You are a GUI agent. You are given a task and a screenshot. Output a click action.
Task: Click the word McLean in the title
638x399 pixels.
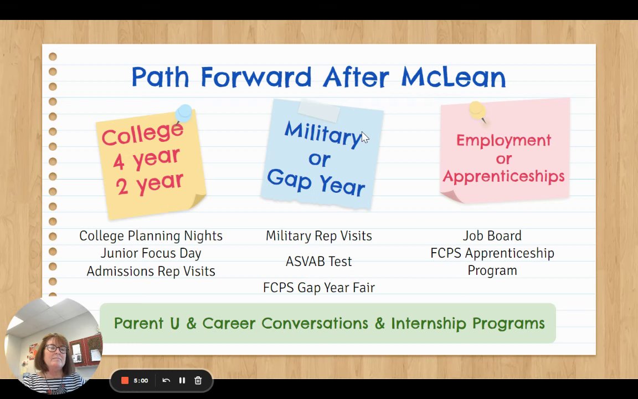[453, 77]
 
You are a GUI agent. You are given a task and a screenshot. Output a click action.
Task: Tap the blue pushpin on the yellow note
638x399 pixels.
[184, 113]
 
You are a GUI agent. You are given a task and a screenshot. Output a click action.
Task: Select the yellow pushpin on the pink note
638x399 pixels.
[478, 111]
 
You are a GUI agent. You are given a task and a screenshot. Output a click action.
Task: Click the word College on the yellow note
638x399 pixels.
[142, 134]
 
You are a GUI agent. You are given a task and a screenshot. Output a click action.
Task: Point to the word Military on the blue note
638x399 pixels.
[323, 134]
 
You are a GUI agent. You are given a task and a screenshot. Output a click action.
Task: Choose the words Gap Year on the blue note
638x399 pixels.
[316, 183]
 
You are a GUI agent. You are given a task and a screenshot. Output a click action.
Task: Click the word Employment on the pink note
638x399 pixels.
[504, 140]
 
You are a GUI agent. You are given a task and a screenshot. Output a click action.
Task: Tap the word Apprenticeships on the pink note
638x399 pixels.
[504, 176]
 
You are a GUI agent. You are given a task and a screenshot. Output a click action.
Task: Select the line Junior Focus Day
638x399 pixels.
[151, 253]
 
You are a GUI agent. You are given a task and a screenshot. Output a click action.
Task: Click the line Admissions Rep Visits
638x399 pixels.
[151, 271]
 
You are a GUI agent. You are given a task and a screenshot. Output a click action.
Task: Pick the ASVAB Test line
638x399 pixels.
[318, 262]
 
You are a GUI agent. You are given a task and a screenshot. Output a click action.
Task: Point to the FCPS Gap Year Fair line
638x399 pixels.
[319, 288]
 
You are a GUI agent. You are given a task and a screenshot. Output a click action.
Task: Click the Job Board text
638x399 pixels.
[492, 236]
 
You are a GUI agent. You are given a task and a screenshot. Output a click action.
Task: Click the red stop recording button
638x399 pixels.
[125, 380]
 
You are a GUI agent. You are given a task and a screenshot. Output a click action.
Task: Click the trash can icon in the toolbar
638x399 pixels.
[198, 380]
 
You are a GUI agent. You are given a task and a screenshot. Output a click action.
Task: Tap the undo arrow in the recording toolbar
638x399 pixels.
[166, 380]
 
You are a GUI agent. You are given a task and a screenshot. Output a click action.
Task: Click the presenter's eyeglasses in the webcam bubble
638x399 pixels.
[56, 349]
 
